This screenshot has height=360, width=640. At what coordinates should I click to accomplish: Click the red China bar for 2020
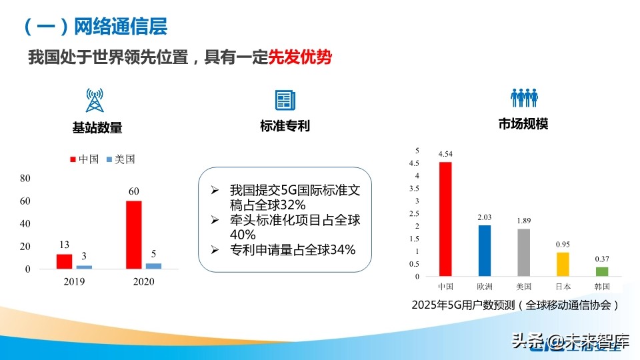[133, 235]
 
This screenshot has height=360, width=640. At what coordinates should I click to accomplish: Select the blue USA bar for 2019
[84, 267]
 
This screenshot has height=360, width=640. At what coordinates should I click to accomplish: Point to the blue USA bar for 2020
[153, 266]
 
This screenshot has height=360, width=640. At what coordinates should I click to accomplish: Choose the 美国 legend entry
[120, 159]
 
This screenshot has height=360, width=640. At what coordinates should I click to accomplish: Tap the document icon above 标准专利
[285, 100]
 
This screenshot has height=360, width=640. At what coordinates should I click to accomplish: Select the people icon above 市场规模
[524, 98]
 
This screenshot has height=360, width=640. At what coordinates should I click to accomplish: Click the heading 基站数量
[97, 127]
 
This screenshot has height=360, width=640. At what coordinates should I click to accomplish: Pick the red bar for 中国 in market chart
[445, 219]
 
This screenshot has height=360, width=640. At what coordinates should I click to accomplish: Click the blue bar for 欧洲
[485, 251]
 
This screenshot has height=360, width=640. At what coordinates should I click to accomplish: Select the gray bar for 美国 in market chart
[524, 252]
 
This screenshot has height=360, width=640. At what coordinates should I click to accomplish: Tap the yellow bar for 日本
[563, 264]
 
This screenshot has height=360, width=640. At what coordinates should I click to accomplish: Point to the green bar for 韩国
[602, 271]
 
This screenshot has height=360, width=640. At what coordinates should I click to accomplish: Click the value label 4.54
[445, 155]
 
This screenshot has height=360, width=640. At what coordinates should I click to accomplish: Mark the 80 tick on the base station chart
[26, 178]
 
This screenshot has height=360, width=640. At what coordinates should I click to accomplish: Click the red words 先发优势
[299, 57]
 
